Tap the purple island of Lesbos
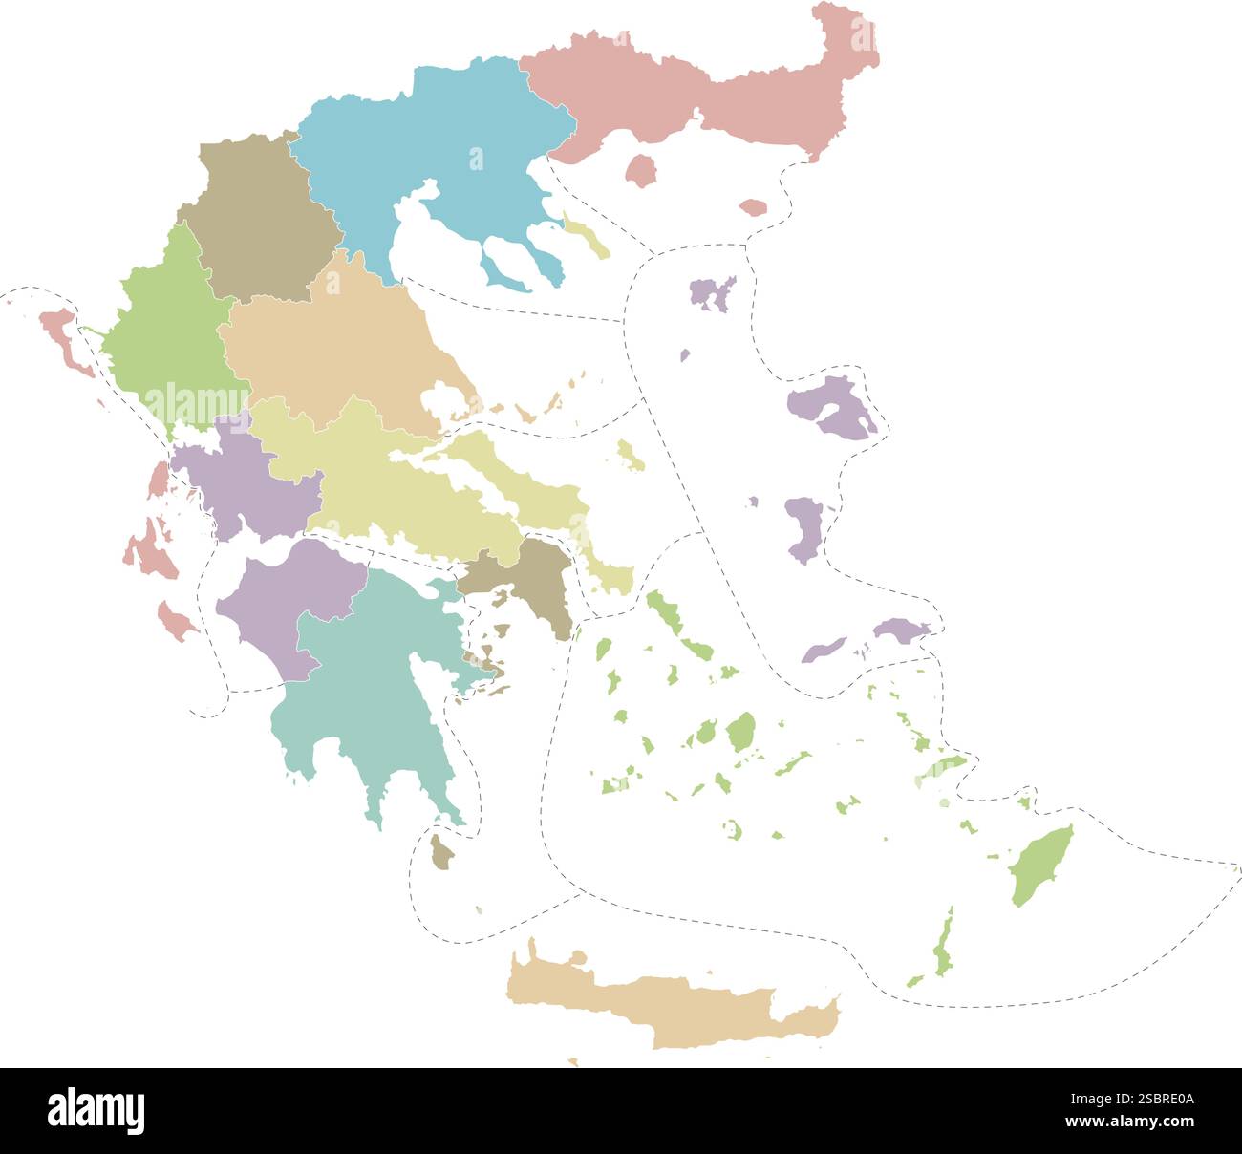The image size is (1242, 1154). click(831, 406)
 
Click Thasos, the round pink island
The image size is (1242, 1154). click(641, 171)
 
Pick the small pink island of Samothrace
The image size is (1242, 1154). click(753, 207)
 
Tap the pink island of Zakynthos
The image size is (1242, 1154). click(176, 621)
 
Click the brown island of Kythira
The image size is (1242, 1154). click(440, 852)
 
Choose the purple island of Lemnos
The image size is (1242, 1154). click(712, 293)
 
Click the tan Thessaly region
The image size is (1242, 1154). click(334, 344)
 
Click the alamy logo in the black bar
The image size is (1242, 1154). click(96, 1111)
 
